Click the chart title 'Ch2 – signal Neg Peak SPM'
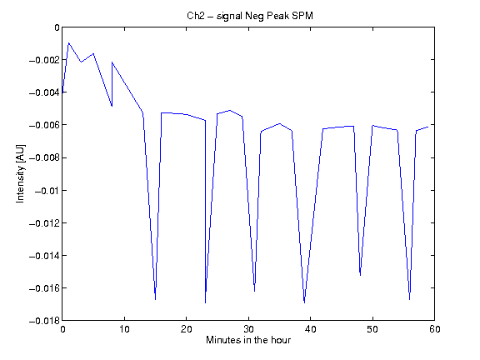[x=250, y=16]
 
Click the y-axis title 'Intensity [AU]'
[x=21, y=173]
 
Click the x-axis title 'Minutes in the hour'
[x=248, y=340]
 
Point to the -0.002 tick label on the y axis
[x=44, y=60]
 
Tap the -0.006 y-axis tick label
[x=44, y=125]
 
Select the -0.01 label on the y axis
[x=47, y=191]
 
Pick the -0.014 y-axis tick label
[x=44, y=256]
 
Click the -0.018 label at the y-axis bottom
[x=44, y=321]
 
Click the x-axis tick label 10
[x=124, y=329]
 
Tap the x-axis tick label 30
[x=248, y=329]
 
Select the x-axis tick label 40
[x=310, y=329]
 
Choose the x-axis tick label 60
[x=435, y=329]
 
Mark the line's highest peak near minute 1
[x=68, y=42]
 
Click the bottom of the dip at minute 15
[x=155, y=300]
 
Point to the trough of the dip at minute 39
[x=304, y=303]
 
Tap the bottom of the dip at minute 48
[x=360, y=276]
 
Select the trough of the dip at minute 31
[x=255, y=292]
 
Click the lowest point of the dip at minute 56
[x=410, y=300]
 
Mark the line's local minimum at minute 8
[x=112, y=106]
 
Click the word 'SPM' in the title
[x=302, y=15]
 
